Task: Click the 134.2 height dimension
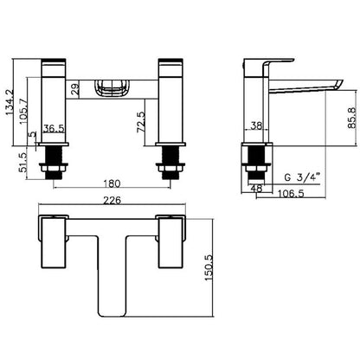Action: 10,103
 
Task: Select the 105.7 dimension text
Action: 23,112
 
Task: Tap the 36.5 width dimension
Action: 54,129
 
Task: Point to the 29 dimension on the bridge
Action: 74,90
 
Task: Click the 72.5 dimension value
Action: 141,122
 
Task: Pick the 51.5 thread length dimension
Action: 23,163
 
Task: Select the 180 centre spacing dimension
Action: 112,183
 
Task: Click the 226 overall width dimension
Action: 112,200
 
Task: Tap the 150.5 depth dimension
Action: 209,267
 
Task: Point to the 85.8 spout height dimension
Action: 352,118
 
